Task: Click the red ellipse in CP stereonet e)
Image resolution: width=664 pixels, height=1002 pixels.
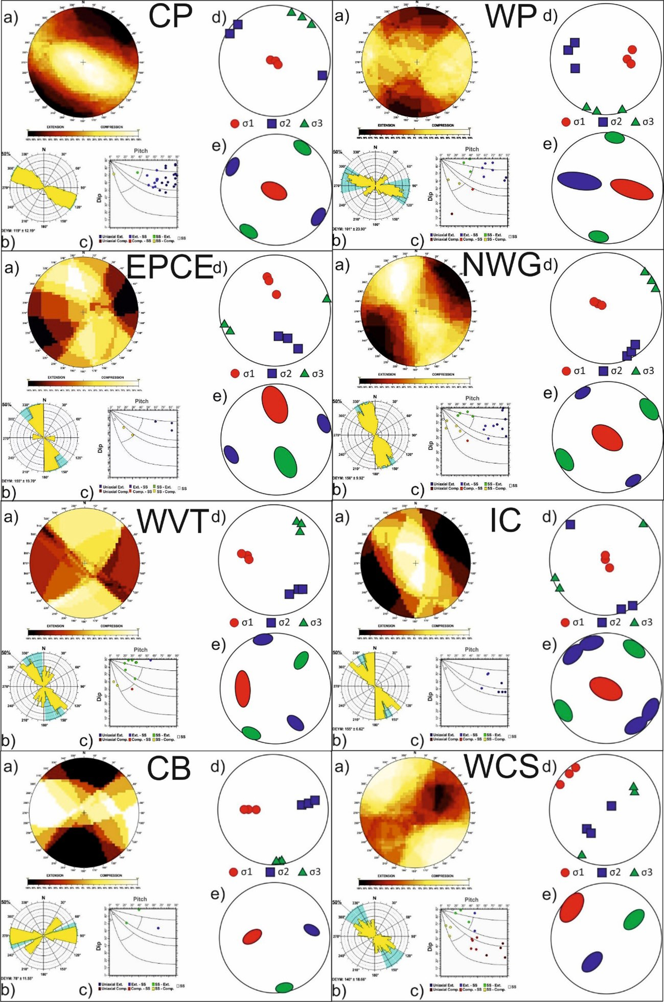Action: click(274, 191)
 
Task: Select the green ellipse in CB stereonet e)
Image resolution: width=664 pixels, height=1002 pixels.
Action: click(284, 987)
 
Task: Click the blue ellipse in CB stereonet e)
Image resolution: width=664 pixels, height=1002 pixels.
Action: click(312, 930)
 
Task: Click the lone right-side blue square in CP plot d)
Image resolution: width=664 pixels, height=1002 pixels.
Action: click(322, 75)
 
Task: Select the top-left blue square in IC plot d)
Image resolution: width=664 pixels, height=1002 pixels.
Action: click(570, 524)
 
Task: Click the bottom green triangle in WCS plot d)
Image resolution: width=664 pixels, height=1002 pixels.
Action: click(582, 854)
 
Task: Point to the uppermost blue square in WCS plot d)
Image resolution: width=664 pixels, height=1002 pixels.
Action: click(611, 806)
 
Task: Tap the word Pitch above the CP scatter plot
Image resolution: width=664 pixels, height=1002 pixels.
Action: click(141, 151)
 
